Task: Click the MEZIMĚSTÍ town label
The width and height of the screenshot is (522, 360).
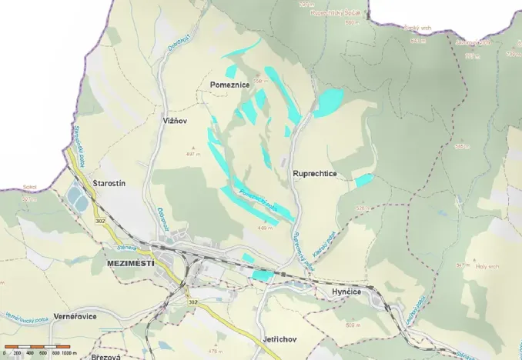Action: click(x=128, y=263)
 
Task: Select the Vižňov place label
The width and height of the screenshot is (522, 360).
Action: click(x=176, y=122)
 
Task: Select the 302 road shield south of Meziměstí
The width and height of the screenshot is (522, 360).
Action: click(x=192, y=302)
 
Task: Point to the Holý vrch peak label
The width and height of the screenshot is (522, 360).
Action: click(x=488, y=267)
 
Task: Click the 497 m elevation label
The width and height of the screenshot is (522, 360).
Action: click(x=192, y=154)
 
